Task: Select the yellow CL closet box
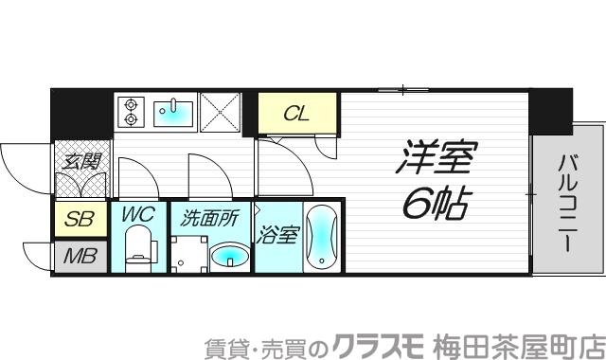tap(297, 115)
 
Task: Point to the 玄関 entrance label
tap(80, 161)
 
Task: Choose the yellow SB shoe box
tap(80, 221)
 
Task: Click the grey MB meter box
tap(80, 256)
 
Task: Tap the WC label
tap(138, 215)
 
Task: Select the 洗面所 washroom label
tap(208, 218)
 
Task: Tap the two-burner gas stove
tap(129, 113)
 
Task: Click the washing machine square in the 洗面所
tap(187, 253)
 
